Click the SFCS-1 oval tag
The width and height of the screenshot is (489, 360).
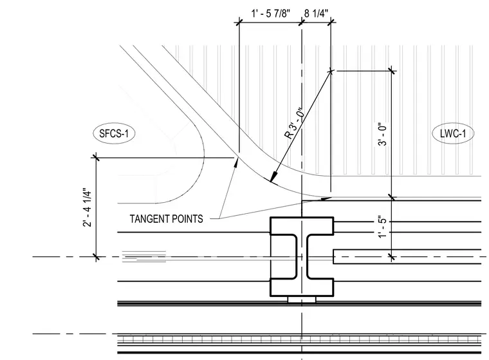point(114,134)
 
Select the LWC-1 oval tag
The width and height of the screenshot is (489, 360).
point(453,134)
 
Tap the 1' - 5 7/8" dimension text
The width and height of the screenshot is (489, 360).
point(271,14)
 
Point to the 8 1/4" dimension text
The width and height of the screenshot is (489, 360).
point(316,14)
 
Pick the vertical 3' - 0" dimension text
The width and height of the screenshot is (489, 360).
point(382,134)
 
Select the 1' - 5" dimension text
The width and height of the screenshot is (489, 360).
point(382,226)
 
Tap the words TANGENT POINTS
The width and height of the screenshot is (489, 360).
point(166,218)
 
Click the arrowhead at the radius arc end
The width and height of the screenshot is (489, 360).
point(272,177)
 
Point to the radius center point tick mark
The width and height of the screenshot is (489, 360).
point(331,71)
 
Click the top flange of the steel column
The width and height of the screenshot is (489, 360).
point(302,226)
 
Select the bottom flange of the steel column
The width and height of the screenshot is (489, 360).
point(302,287)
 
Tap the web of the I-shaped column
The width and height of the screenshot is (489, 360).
point(302,256)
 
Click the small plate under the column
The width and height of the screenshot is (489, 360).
point(302,299)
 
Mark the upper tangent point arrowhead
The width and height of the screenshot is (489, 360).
point(236,161)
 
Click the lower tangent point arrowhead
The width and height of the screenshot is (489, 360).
point(327,198)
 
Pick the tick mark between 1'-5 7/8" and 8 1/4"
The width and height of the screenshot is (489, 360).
point(302,22)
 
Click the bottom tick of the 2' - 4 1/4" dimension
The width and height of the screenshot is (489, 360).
point(96,257)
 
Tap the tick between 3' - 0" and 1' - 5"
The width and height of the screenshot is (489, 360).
point(392,198)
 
